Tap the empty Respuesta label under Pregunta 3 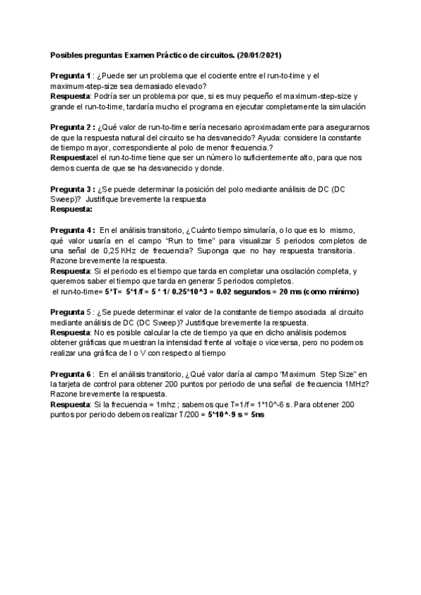72,209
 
